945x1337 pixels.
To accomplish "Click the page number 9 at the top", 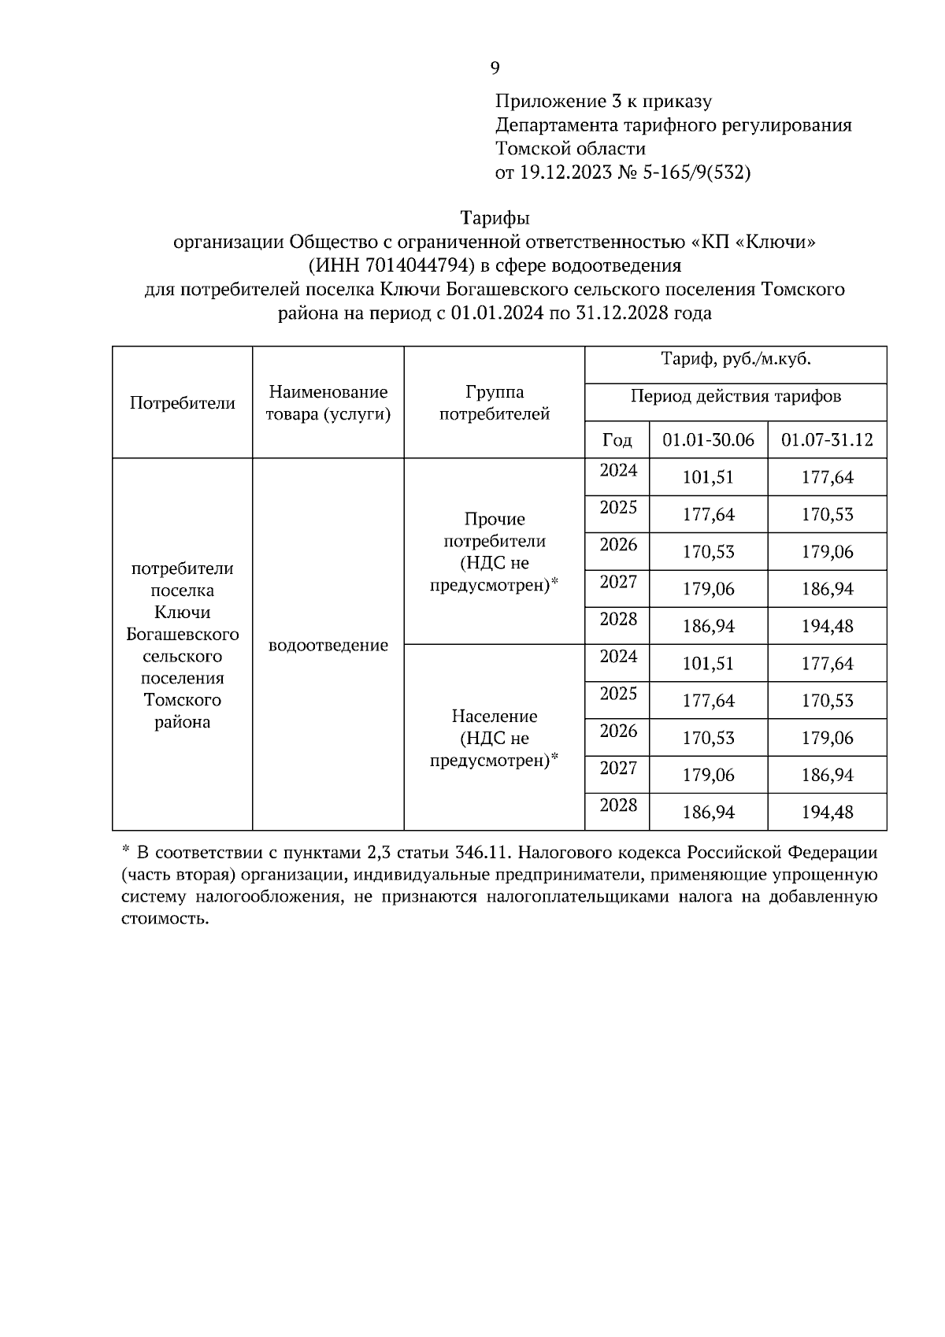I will coord(495,69).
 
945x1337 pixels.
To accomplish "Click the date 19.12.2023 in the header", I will coord(565,173).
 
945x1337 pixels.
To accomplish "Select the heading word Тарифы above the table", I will coord(495,217).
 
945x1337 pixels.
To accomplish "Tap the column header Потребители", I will coord(182,403).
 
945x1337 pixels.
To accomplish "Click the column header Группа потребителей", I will coord(495,402).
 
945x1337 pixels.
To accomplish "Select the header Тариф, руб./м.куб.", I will coord(736,360).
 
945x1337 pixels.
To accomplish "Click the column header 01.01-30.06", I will coord(708,439).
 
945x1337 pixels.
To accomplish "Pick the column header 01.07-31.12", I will coord(827,439).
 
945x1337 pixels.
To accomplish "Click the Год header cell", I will coord(617,439).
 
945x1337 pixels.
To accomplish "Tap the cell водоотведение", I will coord(328,646).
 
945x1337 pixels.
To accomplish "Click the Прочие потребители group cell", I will coord(495,551).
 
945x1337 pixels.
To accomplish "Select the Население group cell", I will coord(495,738).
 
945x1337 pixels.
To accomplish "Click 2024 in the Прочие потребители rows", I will coord(618,471).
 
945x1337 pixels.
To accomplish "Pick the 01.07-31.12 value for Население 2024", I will coord(827,664).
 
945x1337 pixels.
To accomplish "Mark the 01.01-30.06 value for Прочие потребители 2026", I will coord(708,552).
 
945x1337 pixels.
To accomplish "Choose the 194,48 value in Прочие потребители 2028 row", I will coord(827,627).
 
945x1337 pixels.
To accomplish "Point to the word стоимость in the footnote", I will coord(165,919).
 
